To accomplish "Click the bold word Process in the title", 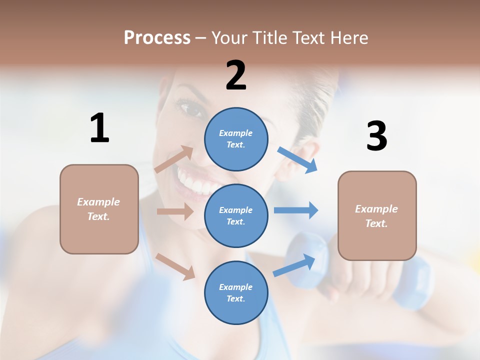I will click(157, 37).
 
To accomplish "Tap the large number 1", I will click(99, 128).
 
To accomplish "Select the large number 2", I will click(236, 75).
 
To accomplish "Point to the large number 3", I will click(376, 136).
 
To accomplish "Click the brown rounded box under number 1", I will click(99, 209).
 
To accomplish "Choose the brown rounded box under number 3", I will click(377, 215).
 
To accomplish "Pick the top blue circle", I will click(236, 138).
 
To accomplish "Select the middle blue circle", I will click(236, 215).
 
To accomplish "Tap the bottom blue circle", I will click(236, 292).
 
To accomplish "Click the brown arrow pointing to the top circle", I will click(174, 159).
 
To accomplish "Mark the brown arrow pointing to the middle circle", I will click(175, 211).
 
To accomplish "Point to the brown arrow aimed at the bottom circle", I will click(175, 266).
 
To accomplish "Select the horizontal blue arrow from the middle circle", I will click(296, 210).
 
